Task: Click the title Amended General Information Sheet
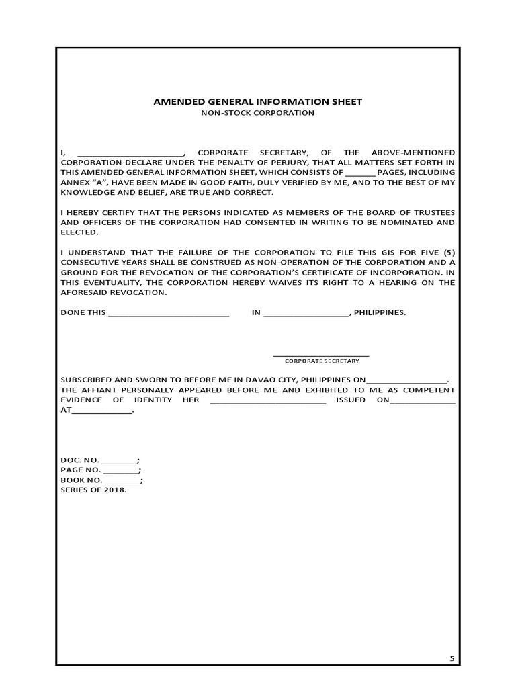coord(258,102)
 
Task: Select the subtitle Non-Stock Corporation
coord(258,113)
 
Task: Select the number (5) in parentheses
coord(448,253)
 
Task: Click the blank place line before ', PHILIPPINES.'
coord(306,313)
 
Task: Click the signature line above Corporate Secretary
coord(321,354)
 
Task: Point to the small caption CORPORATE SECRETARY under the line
coord(322,361)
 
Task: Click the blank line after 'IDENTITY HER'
coord(268,401)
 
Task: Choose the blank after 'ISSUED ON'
coord(423,401)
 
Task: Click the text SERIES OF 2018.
coord(93,490)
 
